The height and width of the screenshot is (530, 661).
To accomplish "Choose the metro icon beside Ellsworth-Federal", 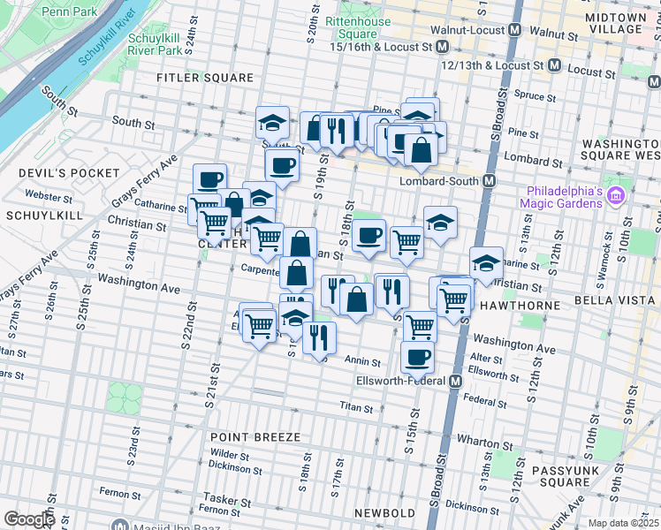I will click(x=455, y=382).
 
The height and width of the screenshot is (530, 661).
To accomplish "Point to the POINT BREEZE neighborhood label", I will click(x=255, y=437).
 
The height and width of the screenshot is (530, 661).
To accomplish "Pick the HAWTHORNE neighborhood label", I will click(x=520, y=305).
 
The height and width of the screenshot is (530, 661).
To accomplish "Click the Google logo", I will click(x=29, y=519).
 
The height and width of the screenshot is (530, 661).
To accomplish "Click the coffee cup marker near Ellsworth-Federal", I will click(x=417, y=357).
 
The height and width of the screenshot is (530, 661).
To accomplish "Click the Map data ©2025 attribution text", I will click(x=622, y=523).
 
